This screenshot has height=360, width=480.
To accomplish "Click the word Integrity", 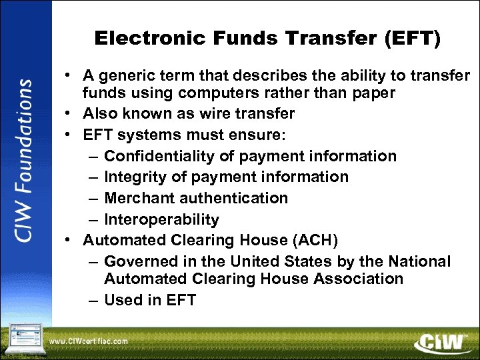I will (135, 177).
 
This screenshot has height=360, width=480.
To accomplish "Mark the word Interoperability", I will (161, 219).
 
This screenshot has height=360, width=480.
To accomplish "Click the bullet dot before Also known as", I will (71, 114).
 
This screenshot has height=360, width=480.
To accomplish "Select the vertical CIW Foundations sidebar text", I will (24, 160).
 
